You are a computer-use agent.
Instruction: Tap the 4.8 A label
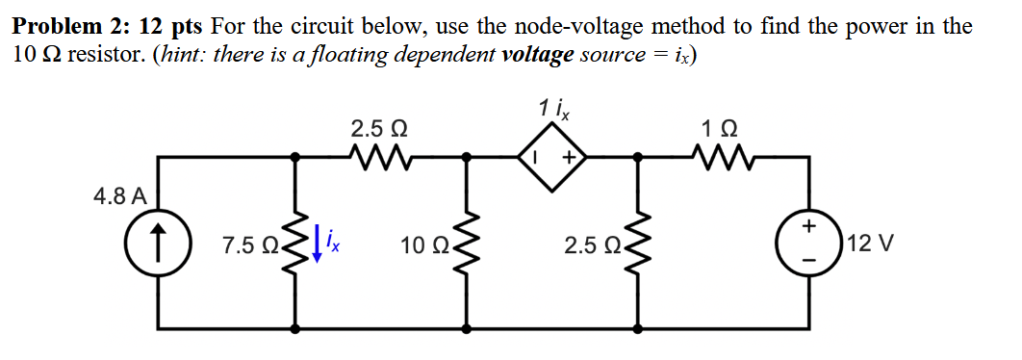coord(120,197)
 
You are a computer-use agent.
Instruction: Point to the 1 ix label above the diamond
coord(554,109)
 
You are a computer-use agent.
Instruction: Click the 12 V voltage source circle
coord(809,243)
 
